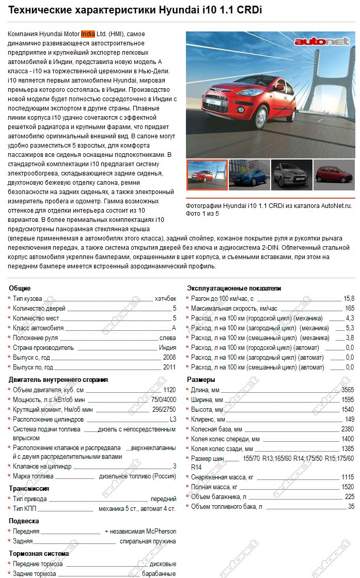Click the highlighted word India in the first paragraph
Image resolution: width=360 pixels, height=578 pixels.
pyautogui.click(x=88, y=34)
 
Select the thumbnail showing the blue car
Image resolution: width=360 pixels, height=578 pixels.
pyautogui.click(x=249, y=175)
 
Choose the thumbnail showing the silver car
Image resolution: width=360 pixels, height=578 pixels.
pyautogui.click(x=291, y=175)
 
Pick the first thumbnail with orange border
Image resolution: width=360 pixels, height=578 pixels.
pyautogui.click(x=207, y=175)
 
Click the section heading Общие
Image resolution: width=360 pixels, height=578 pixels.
pyautogui.click(x=20, y=288)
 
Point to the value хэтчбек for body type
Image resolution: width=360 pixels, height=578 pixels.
pyautogui.click(x=165, y=299)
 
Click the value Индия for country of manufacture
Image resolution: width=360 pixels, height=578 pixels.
pyautogui.click(x=167, y=348)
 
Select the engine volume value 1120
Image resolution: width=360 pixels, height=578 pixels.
pyautogui.click(x=169, y=390)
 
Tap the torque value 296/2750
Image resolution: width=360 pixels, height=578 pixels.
pyautogui.click(x=164, y=409)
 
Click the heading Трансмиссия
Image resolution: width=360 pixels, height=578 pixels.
pyautogui.click(x=29, y=488)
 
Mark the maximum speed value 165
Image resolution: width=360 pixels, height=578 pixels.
pyautogui.click(x=349, y=309)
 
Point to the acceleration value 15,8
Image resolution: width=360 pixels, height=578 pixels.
pyautogui.click(x=349, y=299)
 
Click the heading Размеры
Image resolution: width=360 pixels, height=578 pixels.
pyautogui.click(x=200, y=380)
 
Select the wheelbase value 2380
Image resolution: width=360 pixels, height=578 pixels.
pyautogui.click(x=348, y=429)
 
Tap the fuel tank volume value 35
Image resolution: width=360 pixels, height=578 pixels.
pyautogui.click(x=351, y=507)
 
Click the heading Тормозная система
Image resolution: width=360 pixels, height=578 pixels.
pyautogui.click(x=39, y=553)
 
